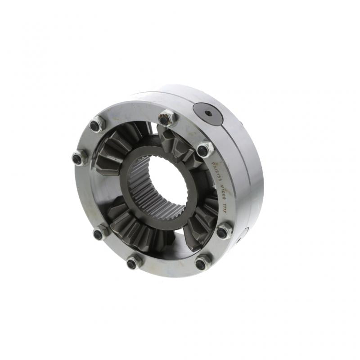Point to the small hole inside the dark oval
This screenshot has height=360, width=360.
point(208,113)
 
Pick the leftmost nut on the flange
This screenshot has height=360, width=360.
point(79,157)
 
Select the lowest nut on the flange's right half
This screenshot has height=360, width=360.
point(202,262)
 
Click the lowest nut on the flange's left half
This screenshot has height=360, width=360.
point(133,261)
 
